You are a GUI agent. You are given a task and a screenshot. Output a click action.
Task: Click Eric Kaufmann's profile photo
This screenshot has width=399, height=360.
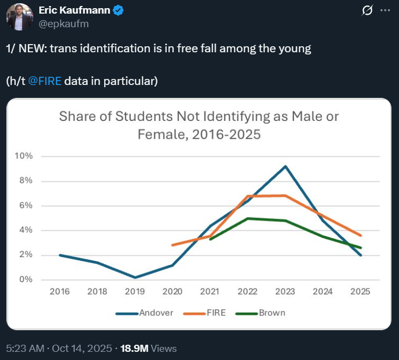click(x=20, y=17)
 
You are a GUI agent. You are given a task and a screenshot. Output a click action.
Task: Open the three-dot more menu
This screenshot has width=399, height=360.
click(x=385, y=10)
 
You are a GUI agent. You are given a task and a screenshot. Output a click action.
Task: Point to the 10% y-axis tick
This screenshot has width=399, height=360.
click(x=25, y=156)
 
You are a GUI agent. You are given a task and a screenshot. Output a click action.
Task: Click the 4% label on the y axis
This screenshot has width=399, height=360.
click(x=26, y=230)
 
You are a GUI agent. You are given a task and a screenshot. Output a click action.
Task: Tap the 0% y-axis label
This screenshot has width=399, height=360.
click(x=26, y=280)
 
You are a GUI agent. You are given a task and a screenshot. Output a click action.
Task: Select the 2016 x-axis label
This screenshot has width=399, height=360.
click(x=59, y=291)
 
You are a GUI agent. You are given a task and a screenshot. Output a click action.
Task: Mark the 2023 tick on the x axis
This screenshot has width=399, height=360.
click(x=285, y=291)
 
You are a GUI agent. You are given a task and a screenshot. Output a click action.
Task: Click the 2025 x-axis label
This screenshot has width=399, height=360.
click(x=360, y=291)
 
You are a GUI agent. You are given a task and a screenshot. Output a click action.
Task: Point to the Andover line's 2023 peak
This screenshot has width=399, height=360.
click(x=285, y=166)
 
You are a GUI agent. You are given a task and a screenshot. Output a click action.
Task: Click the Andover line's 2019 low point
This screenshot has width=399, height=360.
click(x=135, y=277)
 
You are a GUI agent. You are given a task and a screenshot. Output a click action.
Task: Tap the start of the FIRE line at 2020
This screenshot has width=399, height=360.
click(x=172, y=245)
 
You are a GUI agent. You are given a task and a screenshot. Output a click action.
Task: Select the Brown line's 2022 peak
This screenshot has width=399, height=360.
click(x=247, y=218)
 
